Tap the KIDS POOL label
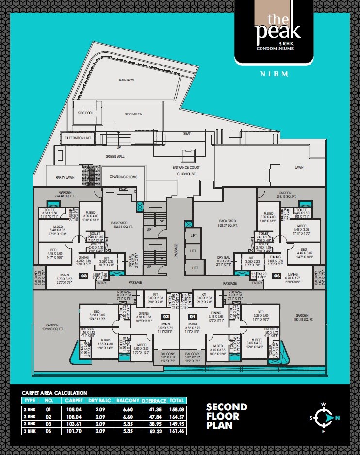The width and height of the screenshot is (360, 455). pos(85,113)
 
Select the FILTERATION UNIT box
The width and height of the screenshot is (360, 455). pos(78,138)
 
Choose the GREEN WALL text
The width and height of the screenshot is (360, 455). pos(115,156)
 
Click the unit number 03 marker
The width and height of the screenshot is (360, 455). pos(83,276)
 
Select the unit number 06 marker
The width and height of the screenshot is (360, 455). pos(277,276)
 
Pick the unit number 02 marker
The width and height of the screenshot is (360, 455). pos(165,303)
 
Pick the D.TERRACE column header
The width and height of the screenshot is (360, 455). pos(154,401)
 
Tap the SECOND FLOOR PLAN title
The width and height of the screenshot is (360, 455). pos(227,416)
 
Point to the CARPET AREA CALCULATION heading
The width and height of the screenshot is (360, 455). pos(54,392)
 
